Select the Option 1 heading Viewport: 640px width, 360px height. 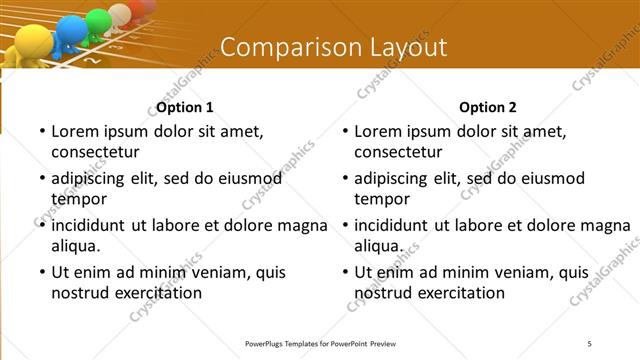(x=185, y=107)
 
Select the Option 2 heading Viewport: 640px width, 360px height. (x=488, y=107)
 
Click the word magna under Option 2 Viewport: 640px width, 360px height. (x=608, y=224)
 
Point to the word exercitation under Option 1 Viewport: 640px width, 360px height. (x=156, y=293)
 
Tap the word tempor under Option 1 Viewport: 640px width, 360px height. (x=76, y=199)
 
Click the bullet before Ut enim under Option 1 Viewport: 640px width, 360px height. (x=41, y=272)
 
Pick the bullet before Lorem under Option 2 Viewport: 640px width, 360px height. (x=344, y=132)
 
